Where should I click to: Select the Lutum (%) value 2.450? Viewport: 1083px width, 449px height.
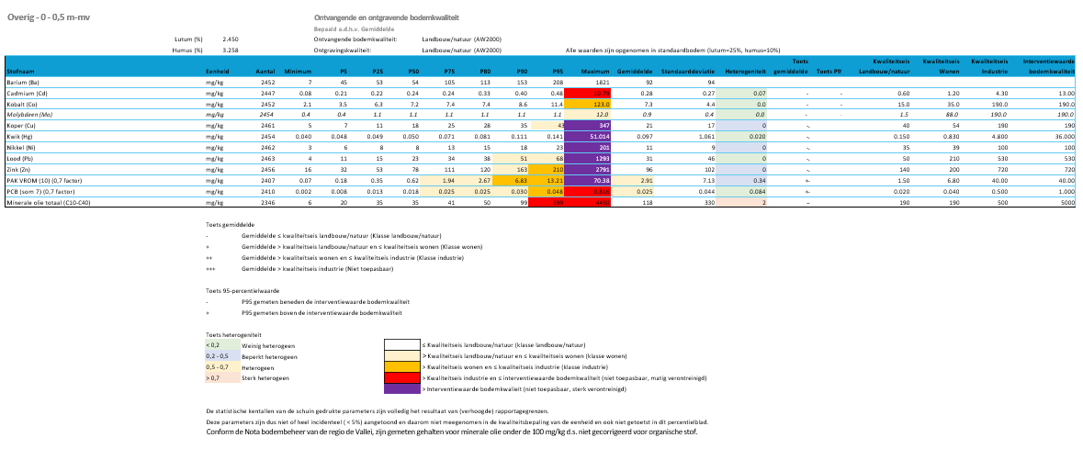coord(231,39)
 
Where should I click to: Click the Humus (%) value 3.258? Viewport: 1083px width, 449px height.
coord(231,50)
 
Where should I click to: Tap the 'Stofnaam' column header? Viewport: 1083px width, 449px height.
coord(21,71)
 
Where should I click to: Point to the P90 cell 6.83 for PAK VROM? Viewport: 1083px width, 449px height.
coord(520,181)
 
